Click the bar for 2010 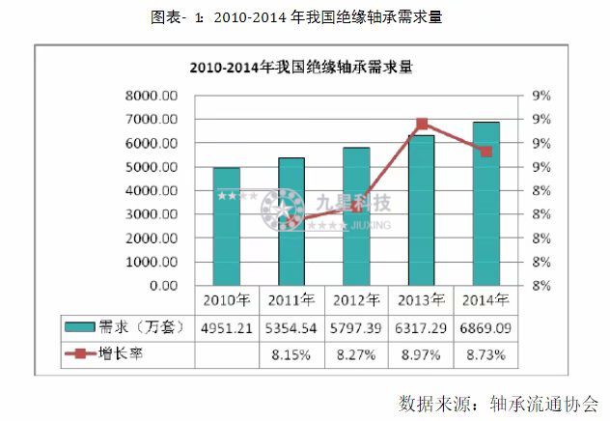[x=227, y=227]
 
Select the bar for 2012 [x=356, y=216]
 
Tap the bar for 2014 [x=486, y=204]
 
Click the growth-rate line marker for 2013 [x=422, y=124]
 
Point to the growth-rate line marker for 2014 [x=486, y=152]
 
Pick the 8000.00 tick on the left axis [x=153, y=96]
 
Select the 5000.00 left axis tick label [x=153, y=167]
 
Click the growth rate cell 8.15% [x=291, y=355]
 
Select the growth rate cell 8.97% [x=422, y=355]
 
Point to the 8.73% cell [x=486, y=355]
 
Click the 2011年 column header [x=291, y=299]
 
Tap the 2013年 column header [x=422, y=299]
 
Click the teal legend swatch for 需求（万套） [x=81, y=327]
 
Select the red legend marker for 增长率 [x=81, y=355]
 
